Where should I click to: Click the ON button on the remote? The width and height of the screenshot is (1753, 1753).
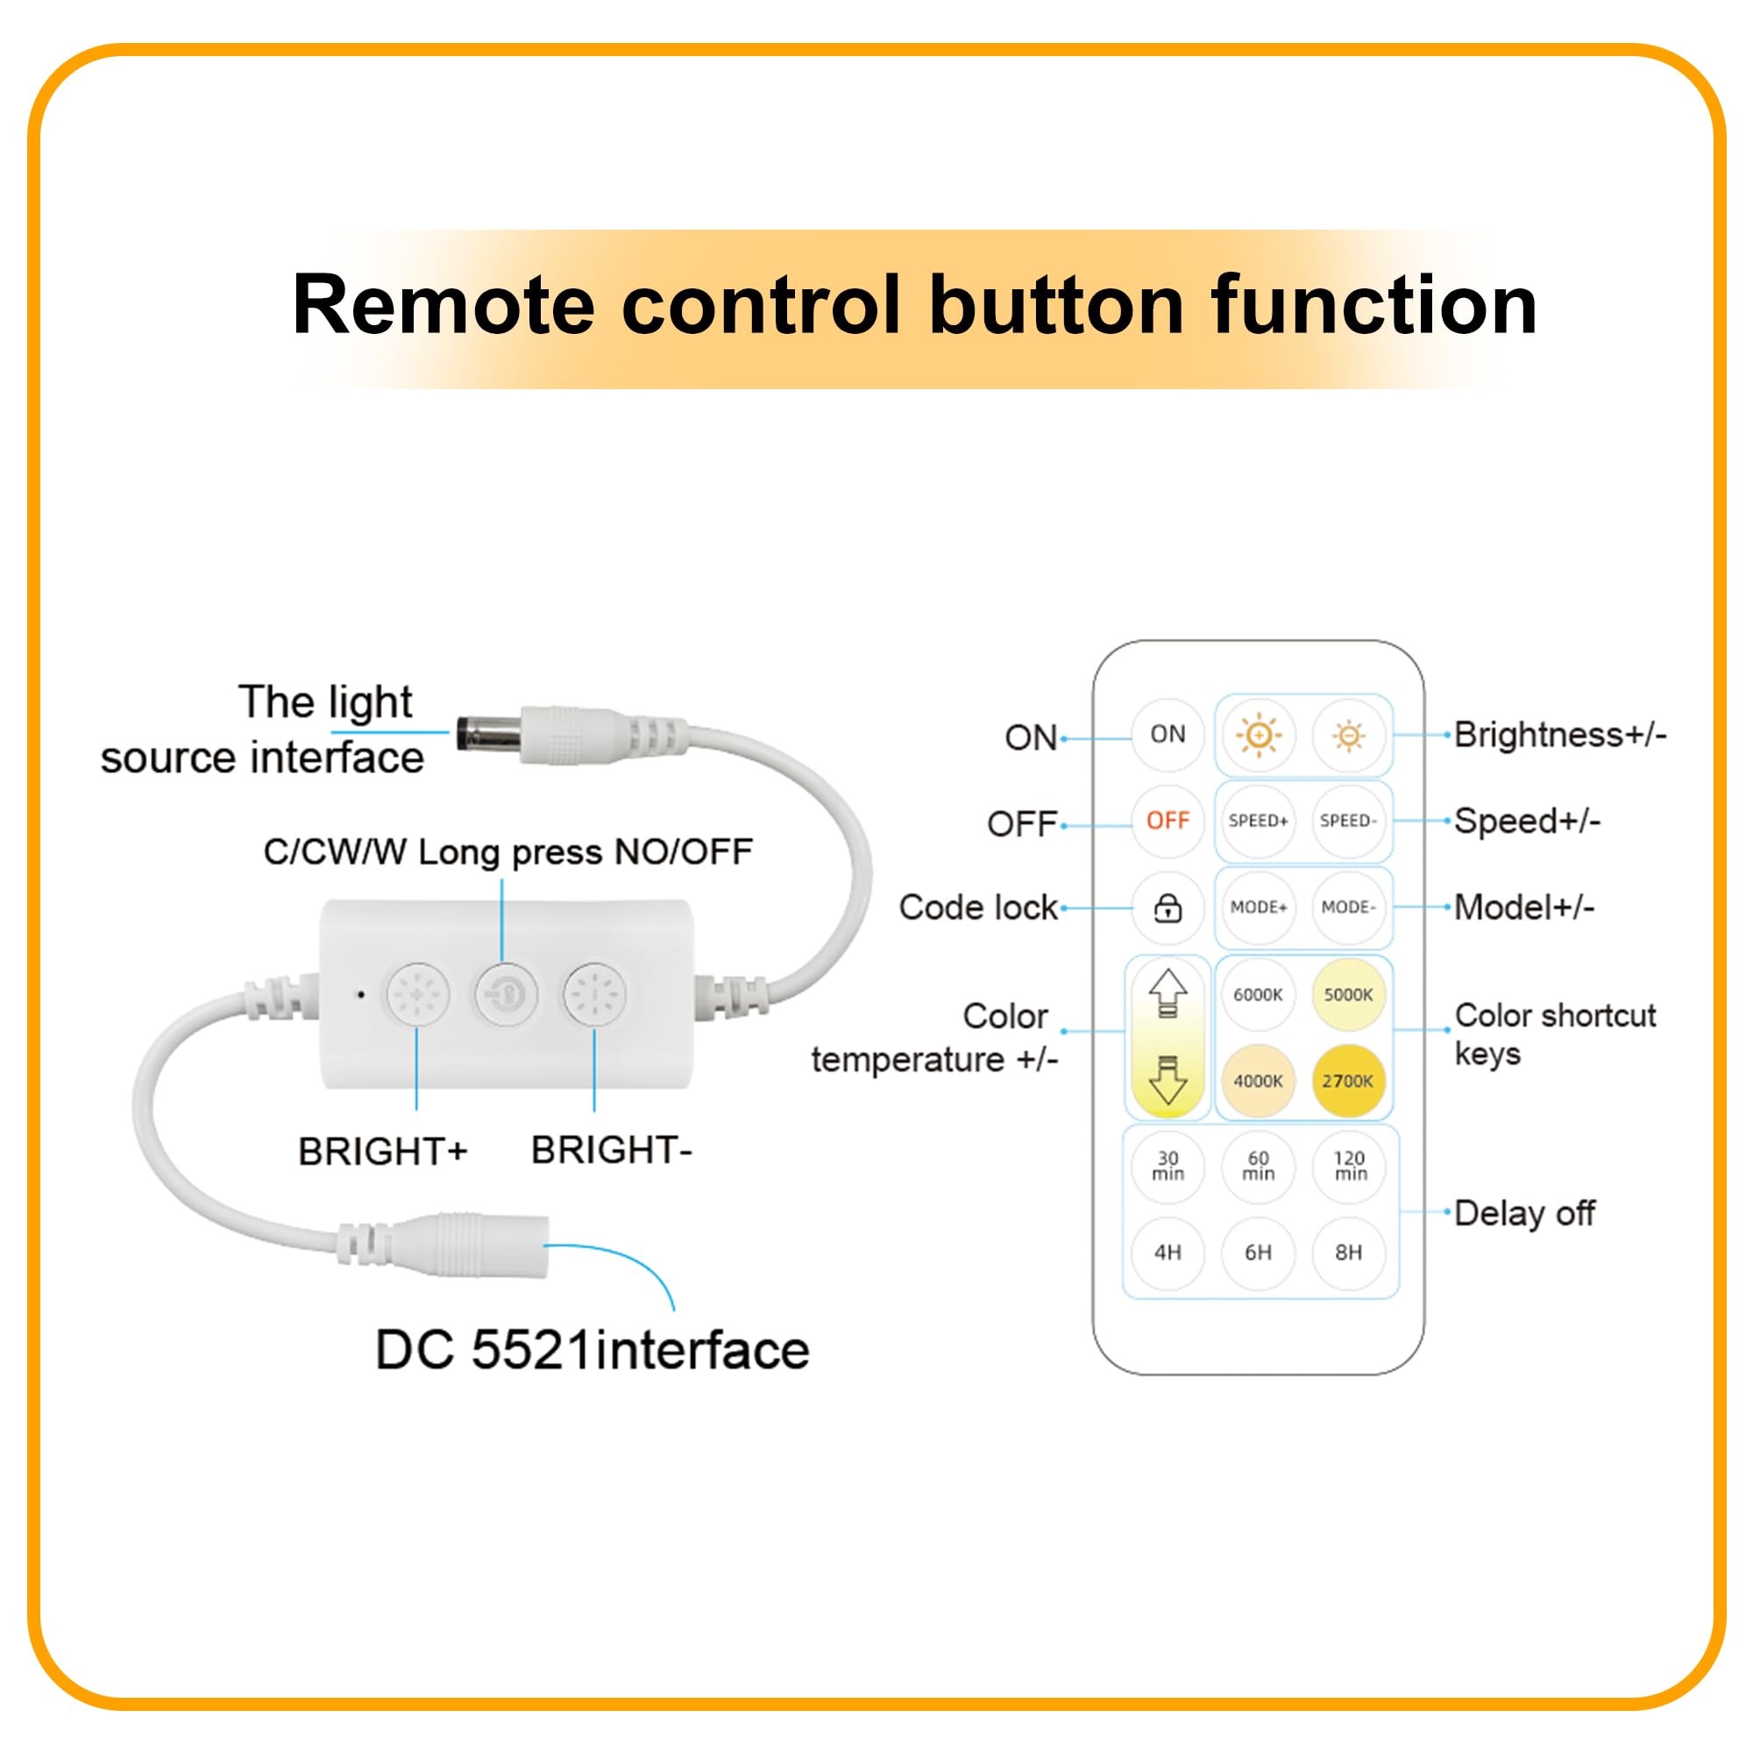(x=1167, y=734)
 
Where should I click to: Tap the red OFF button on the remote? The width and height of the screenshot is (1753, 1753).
(x=1167, y=821)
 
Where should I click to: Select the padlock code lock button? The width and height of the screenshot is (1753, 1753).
(x=1167, y=907)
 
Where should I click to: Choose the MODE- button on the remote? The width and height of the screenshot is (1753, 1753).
(x=1348, y=907)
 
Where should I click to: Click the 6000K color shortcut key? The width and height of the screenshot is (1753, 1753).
(x=1258, y=995)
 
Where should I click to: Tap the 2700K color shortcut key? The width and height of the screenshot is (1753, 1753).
(x=1348, y=1081)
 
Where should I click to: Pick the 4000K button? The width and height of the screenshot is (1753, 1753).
(x=1258, y=1081)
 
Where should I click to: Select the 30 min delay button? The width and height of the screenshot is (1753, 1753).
(x=1167, y=1166)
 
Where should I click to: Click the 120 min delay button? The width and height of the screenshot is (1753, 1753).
(x=1349, y=1166)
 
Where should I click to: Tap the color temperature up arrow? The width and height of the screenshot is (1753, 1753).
(x=1167, y=994)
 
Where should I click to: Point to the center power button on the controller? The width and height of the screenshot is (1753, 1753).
(x=506, y=995)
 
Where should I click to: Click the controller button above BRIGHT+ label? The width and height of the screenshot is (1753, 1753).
(x=417, y=995)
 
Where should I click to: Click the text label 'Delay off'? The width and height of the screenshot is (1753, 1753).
(x=1524, y=1213)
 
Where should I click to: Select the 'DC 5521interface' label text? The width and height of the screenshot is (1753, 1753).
(x=592, y=1350)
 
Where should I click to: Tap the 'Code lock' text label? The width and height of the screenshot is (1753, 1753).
(x=978, y=907)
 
